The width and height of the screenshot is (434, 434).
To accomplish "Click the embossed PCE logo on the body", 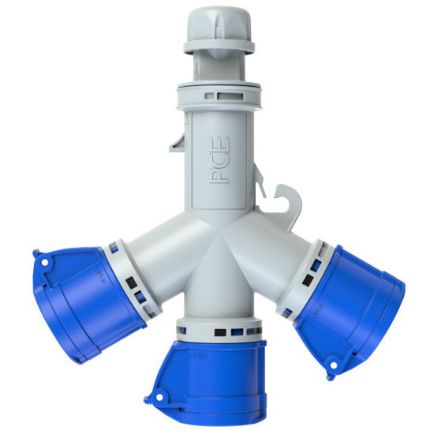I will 219,163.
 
